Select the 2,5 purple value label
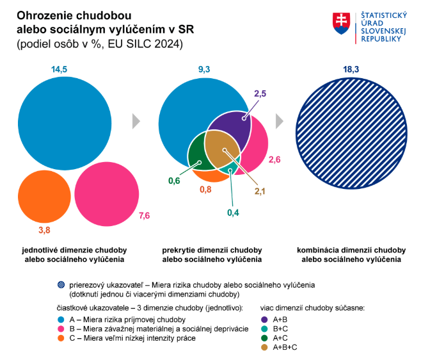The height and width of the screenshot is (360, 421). coord(260,94)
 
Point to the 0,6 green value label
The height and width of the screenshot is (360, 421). coord(174,181)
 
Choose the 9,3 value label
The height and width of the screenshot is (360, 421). coord(203,69)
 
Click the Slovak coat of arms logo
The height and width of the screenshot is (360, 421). coord(341,24)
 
